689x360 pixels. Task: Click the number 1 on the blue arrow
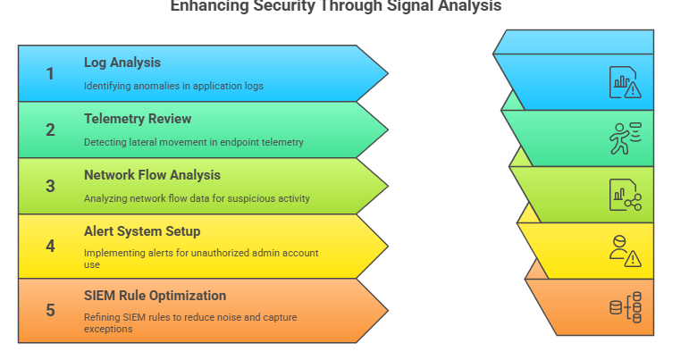pyautogui.click(x=50, y=74)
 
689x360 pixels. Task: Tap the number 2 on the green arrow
pyautogui.click(x=50, y=130)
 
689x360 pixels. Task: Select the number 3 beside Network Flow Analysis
pyautogui.click(x=50, y=187)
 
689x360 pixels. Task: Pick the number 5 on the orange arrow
pyautogui.click(x=50, y=310)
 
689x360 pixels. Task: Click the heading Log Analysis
pyautogui.click(x=122, y=63)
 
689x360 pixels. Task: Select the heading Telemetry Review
pyautogui.click(x=138, y=119)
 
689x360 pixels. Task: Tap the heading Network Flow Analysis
pyautogui.click(x=152, y=175)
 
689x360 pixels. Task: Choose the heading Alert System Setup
pyautogui.click(x=142, y=231)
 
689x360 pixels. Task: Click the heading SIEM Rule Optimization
pyautogui.click(x=155, y=296)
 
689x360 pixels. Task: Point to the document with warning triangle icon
pyautogui.click(x=625, y=82)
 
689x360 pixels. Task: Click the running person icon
pyautogui.click(x=625, y=138)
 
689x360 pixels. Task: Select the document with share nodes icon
pyautogui.click(x=625, y=195)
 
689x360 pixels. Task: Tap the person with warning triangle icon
pyautogui.click(x=625, y=251)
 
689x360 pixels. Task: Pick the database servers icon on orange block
pyautogui.click(x=625, y=307)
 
